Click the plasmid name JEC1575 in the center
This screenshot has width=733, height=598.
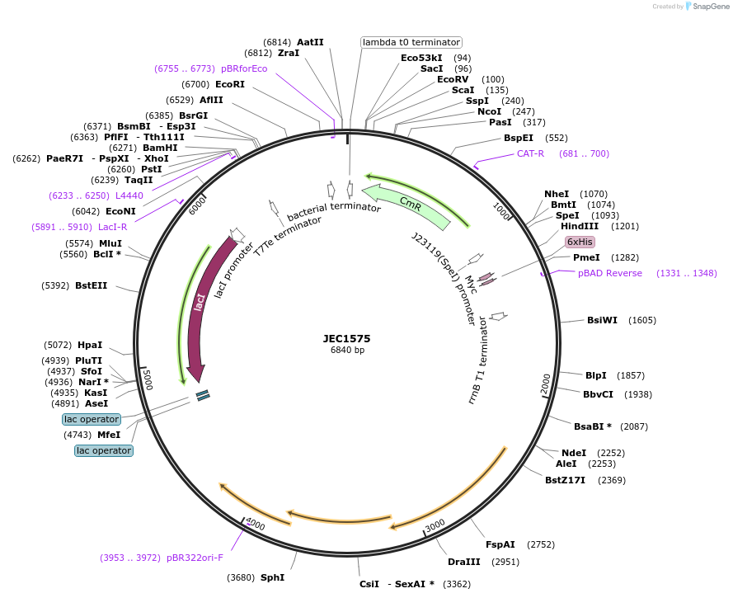(347, 338)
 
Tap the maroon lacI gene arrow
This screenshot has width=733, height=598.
(199, 305)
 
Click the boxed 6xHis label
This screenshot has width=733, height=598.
(579, 242)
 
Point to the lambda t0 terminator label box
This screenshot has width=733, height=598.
(411, 42)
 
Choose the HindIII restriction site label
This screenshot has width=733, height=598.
(580, 226)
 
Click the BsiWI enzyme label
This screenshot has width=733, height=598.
(602, 320)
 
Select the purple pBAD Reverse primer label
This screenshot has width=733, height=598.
(609, 273)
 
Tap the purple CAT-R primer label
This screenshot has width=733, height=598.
(530, 153)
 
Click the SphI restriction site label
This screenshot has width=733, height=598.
(272, 577)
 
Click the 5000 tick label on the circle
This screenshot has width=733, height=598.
(148, 380)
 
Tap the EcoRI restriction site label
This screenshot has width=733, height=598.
(230, 84)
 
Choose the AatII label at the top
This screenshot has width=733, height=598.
(310, 42)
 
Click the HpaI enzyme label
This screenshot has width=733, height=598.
(90, 345)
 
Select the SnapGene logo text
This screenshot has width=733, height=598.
(711, 7)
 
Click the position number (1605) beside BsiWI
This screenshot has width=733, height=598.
(642, 320)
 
